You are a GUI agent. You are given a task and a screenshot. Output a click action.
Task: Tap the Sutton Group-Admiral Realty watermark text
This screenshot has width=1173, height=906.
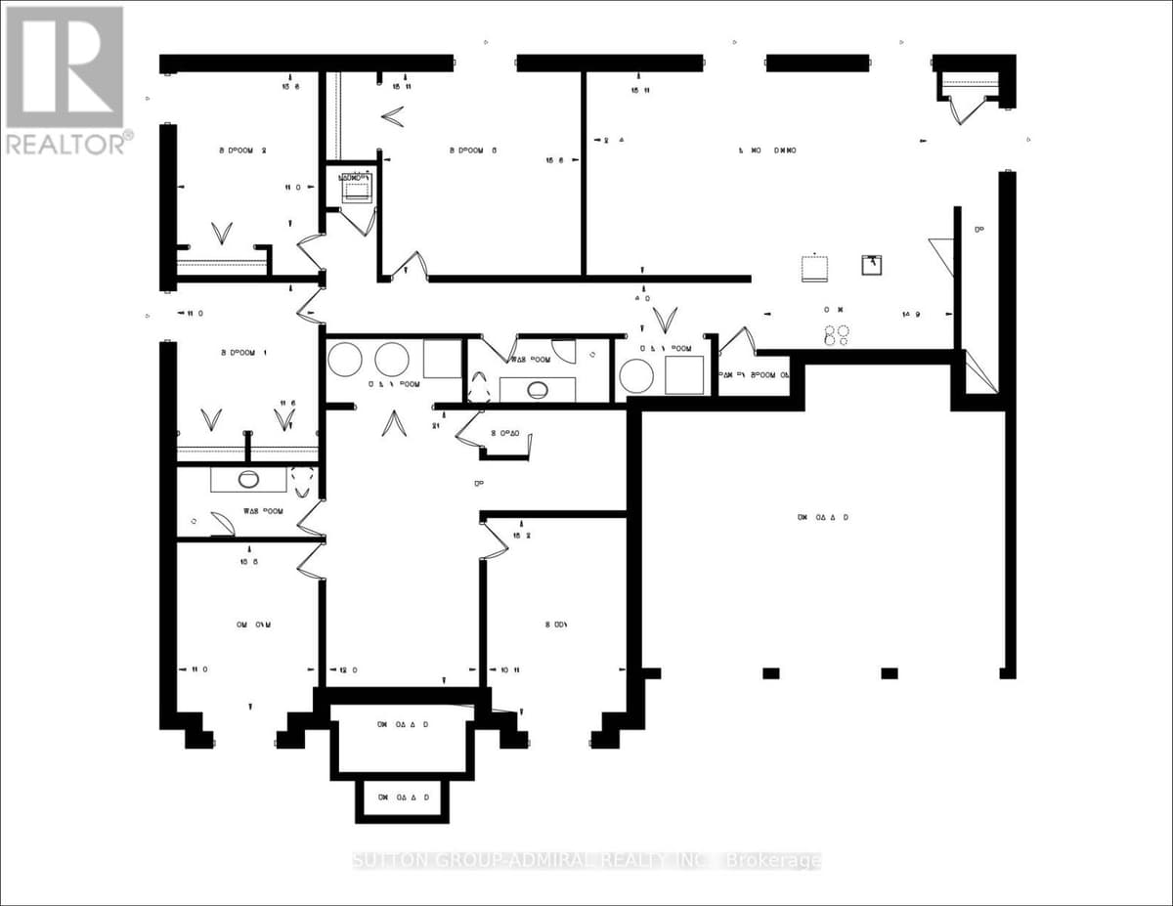[x=586, y=860]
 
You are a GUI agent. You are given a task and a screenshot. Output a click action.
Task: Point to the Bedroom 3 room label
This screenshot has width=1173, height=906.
[x=474, y=151]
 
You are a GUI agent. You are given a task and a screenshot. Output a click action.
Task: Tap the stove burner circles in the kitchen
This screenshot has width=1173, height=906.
[x=836, y=335]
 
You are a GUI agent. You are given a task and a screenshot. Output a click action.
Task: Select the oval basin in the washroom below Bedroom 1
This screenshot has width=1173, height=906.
[x=248, y=479]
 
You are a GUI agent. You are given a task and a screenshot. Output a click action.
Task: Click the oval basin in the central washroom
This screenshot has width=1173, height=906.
[x=537, y=389]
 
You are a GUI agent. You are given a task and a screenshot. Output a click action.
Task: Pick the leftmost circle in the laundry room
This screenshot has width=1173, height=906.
[x=344, y=360]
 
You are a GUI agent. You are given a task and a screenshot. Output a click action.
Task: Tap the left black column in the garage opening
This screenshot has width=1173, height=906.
[x=770, y=672]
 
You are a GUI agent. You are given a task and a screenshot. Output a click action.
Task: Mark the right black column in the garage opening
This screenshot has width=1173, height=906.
[x=889, y=672]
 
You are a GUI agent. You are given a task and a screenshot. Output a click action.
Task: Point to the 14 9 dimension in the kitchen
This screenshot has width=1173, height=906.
[x=912, y=314]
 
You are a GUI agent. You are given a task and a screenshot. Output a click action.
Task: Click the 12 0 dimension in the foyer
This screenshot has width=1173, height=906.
[x=348, y=669]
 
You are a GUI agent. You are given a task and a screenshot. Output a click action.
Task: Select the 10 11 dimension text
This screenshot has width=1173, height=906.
[x=510, y=669]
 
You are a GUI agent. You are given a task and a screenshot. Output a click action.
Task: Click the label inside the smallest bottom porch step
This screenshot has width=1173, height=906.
[x=404, y=798]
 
